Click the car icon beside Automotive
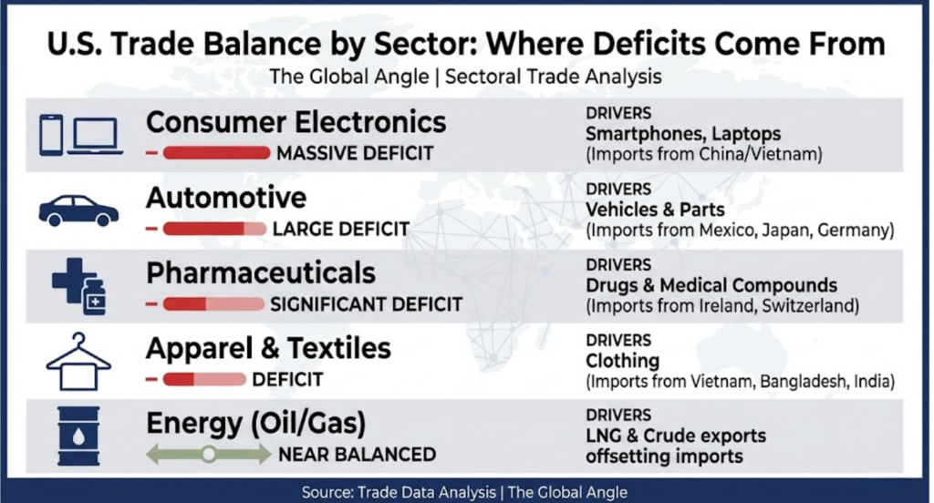(78, 211)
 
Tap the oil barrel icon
(78, 436)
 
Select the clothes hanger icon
(78, 362)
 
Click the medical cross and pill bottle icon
(78, 287)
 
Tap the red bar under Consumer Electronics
(216, 153)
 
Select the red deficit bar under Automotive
(214, 229)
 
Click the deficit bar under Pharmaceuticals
(213, 304)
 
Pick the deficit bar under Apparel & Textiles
(204, 379)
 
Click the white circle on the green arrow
(209, 455)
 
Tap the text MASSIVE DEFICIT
(355, 154)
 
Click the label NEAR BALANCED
(358, 455)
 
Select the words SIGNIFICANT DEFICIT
(367, 304)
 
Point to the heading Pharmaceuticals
(261, 273)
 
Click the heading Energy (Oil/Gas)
(256, 424)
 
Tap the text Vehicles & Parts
(655, 210)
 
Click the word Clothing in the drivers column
(622, 361)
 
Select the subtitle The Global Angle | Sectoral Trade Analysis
(465, 77)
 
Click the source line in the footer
(464, 492)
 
